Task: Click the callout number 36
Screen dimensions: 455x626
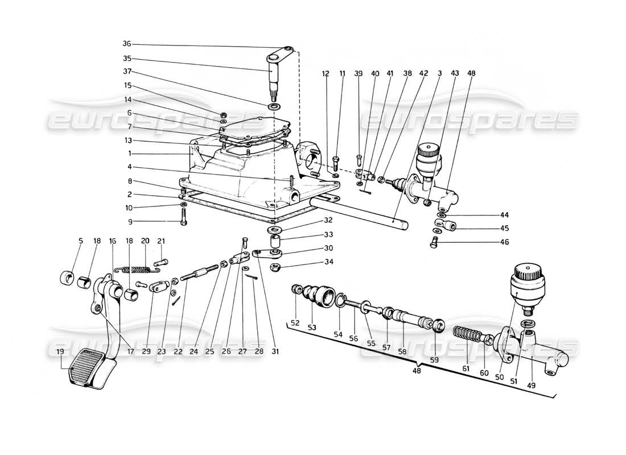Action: pyautogui.click(x=126, y=44)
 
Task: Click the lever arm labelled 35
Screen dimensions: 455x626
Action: pyautogui.click(x=277, y=71)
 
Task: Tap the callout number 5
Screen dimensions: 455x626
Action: pyautogui.click(x=81, y=241)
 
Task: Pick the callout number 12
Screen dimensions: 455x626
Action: pyautogui.click(x=326, y=73)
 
